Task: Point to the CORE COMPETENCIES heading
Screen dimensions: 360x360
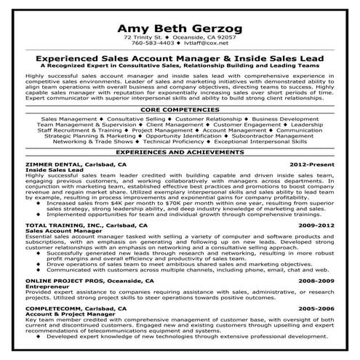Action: (x=180, y=109)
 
